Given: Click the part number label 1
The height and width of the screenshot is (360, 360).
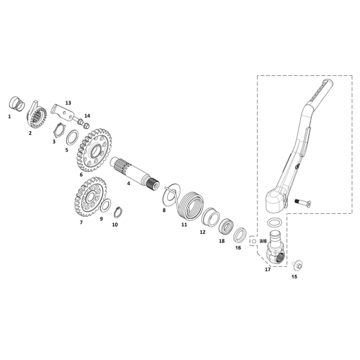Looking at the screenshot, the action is point(10,116).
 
